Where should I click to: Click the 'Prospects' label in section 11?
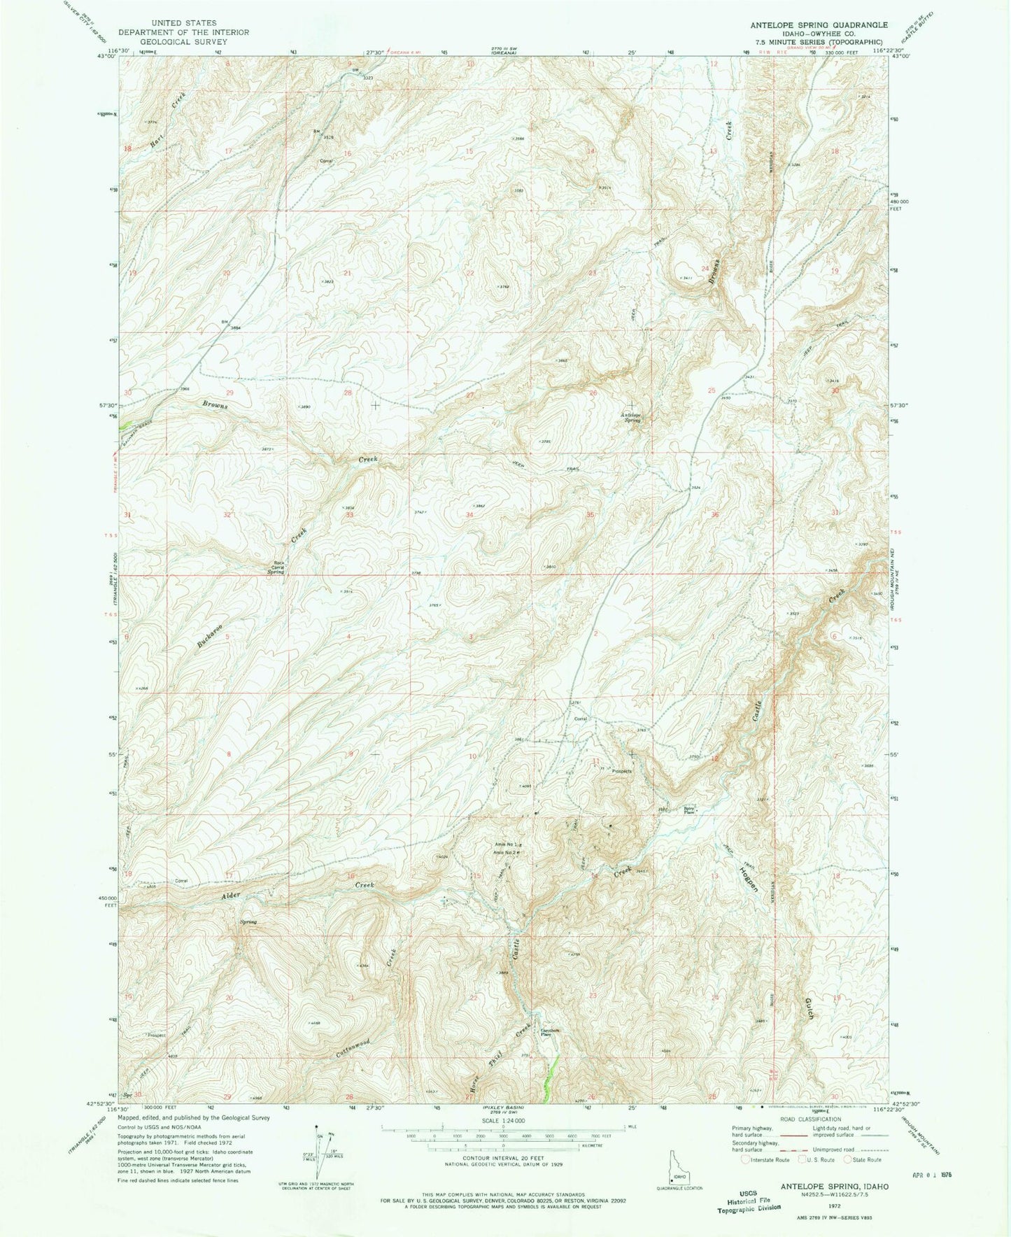click(x=621, y=772)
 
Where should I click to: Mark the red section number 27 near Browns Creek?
click(x=469, y=395)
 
